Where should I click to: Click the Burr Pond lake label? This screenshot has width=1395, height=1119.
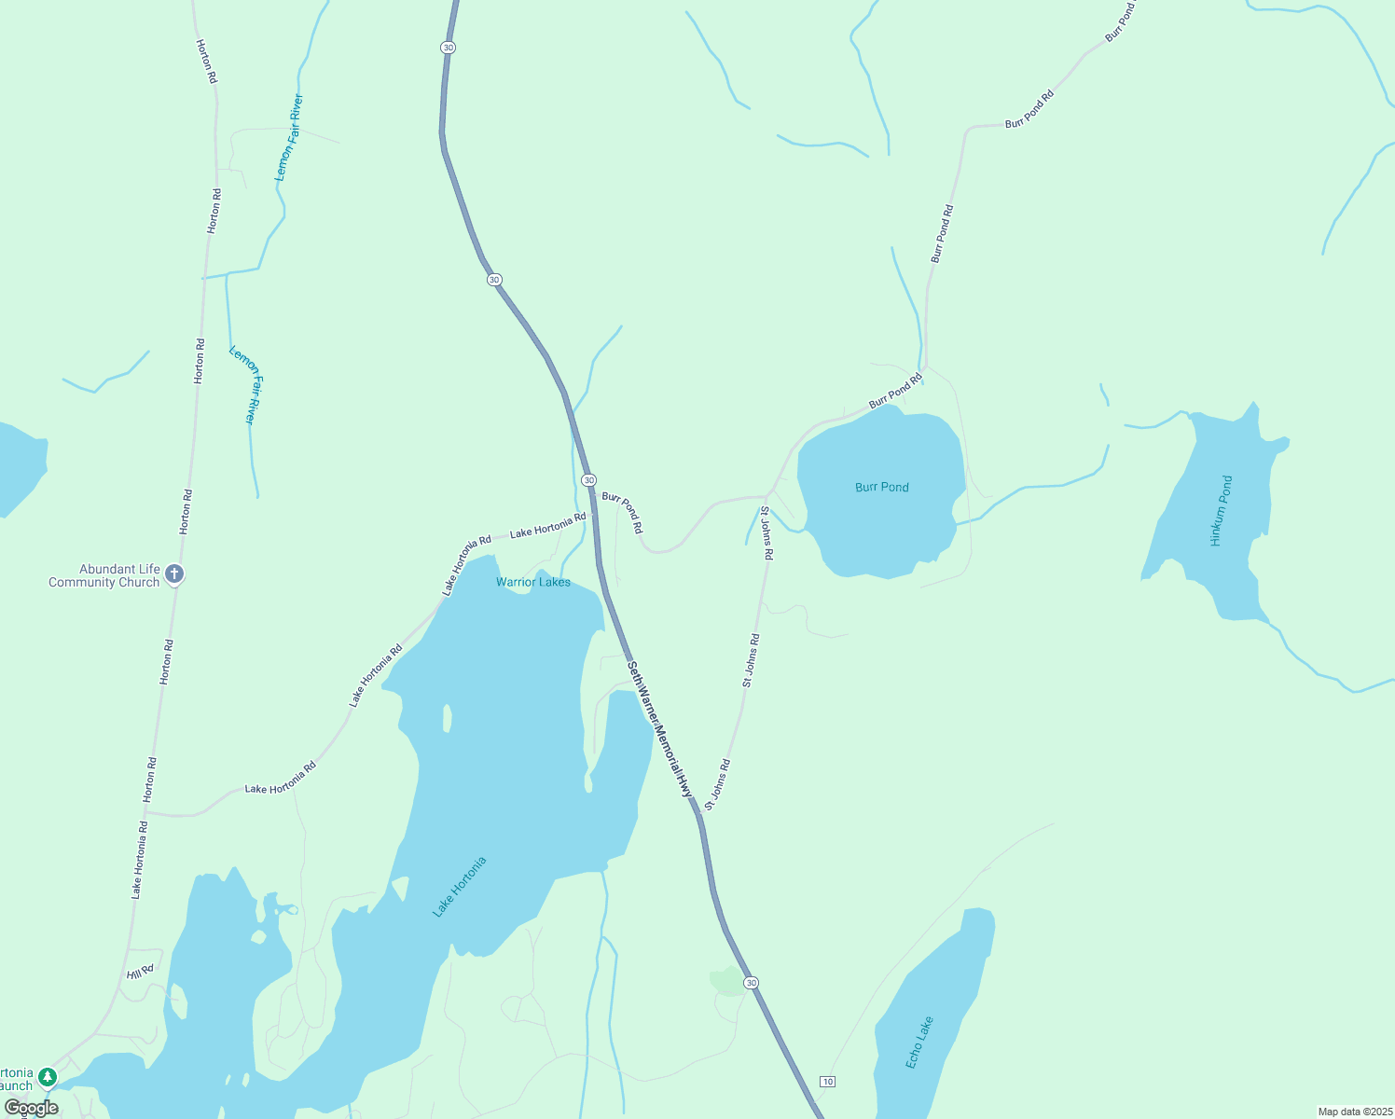coord(881,487)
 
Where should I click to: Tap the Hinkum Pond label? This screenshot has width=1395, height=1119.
coord(1221,510)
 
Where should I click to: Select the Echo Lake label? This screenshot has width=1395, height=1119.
coord(918,1042)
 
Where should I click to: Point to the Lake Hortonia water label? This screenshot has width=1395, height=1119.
coord(460,887)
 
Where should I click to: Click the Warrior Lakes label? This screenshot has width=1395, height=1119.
coord(532,582)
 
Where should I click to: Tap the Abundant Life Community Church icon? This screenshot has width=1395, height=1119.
coord(174,574)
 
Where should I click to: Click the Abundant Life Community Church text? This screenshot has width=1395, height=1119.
coord(104,575)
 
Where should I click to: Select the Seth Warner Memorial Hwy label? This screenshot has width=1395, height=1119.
coord(661,729)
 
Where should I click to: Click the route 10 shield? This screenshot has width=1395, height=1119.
coord(827,1081)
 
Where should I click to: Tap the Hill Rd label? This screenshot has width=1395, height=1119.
coord(140,973)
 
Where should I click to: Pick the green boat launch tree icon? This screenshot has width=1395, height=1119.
coord(48,1078)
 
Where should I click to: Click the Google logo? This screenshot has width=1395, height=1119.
coord(31,1108)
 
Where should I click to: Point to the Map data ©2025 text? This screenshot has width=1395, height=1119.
coord(1353,1112)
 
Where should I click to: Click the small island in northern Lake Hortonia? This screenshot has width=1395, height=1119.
coord(447,719)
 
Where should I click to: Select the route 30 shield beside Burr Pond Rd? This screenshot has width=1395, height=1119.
coord(588,479)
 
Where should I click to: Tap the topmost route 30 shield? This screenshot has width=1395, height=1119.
coord(449,47)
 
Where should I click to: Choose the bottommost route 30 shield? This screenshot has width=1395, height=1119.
coord(751,983)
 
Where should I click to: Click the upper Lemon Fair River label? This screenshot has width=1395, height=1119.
coord(288,137)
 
